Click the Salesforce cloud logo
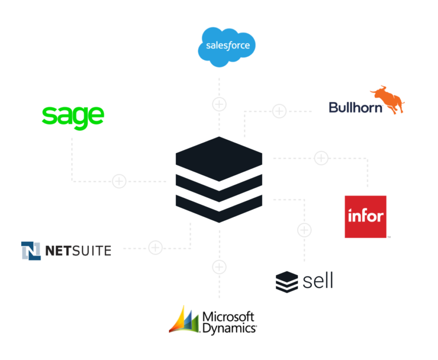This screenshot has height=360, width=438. click(226, 47)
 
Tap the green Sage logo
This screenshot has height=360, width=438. click(73, 118)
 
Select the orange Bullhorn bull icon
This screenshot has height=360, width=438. click(388, 99)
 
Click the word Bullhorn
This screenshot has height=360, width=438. click(355, 108)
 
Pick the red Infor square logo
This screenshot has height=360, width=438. click(366, 217)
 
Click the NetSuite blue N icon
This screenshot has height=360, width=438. click(31, 250)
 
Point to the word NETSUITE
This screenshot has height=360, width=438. click(78, 250)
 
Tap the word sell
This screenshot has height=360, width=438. click(318, 281)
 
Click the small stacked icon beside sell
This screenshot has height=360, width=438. click(287, 282)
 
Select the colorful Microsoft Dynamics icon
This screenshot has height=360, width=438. click(184, 320)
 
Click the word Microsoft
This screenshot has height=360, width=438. click(228, 317)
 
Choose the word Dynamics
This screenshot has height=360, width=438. click(229, 329)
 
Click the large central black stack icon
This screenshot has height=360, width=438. click(219, 180)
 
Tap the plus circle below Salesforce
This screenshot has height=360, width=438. click(219, 104)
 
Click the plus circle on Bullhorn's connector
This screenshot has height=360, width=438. click(279, 111)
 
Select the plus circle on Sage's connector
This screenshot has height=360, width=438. click(119, 181)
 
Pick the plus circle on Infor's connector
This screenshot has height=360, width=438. click(321, 158)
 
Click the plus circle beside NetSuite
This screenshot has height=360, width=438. click(155, 248)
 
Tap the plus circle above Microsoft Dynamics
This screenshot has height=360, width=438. click(219, 267)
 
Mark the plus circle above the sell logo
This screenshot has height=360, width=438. click(305, 230)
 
